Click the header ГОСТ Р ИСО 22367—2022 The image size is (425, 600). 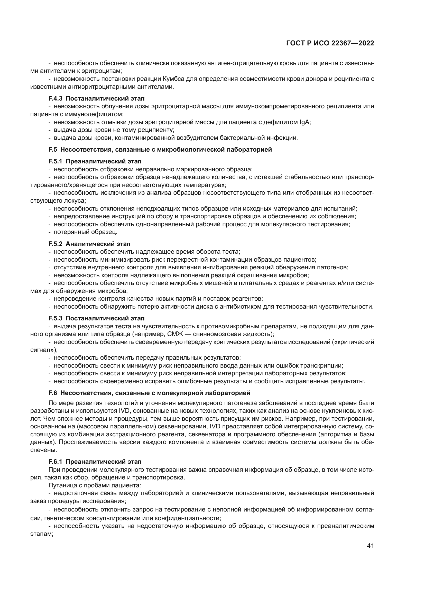(x=330, y=43)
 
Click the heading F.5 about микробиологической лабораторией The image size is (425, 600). (x=160, y=150)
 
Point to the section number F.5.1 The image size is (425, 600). (x=56, y=162)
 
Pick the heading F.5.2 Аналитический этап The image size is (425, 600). (x=89, y=244)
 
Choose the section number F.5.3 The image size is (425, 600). (x=56, y=318)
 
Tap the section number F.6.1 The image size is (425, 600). (x=56, y=462)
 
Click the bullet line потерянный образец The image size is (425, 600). (x=85, y=232)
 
